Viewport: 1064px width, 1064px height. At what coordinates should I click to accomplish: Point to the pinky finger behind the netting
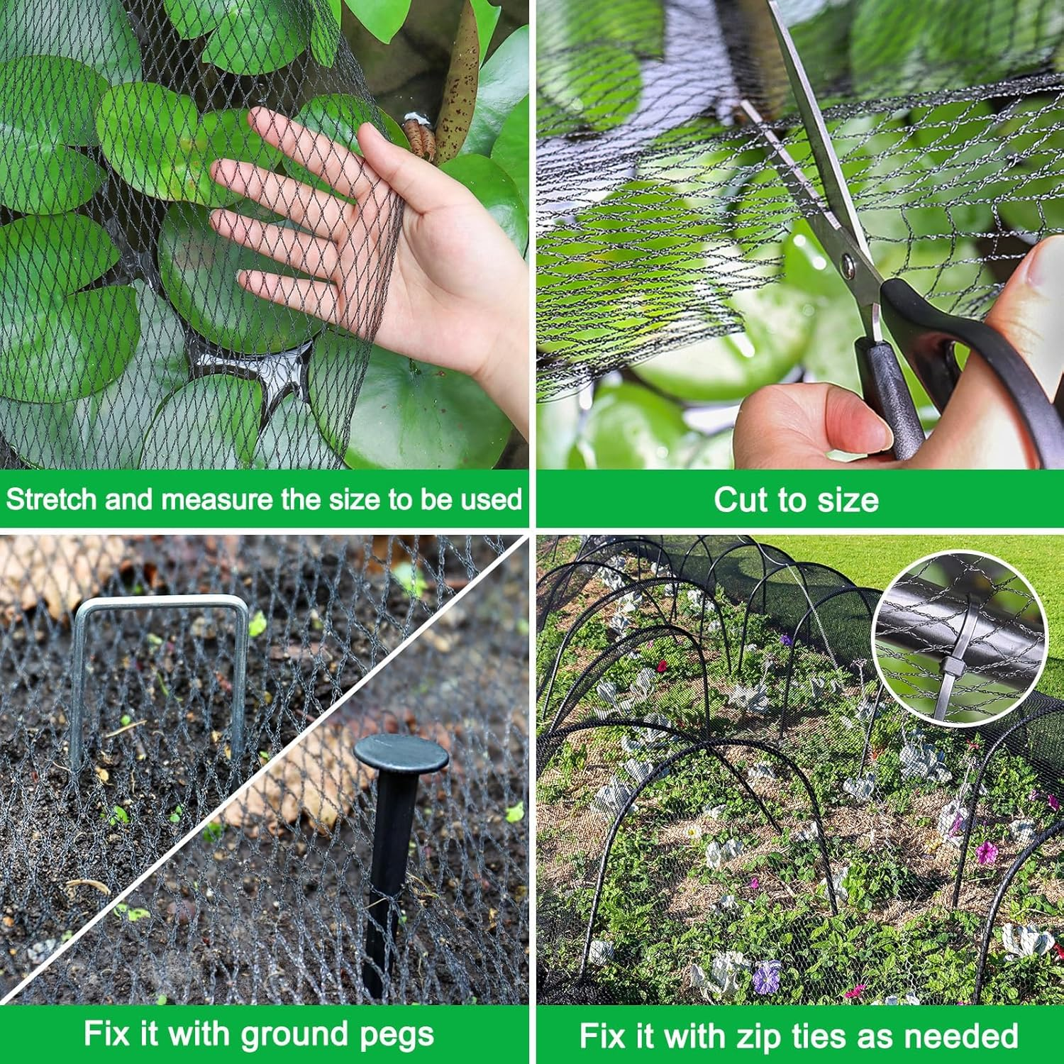(x=284, y=284)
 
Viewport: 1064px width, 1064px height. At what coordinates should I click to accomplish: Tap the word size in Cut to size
(x=848, y=499)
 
